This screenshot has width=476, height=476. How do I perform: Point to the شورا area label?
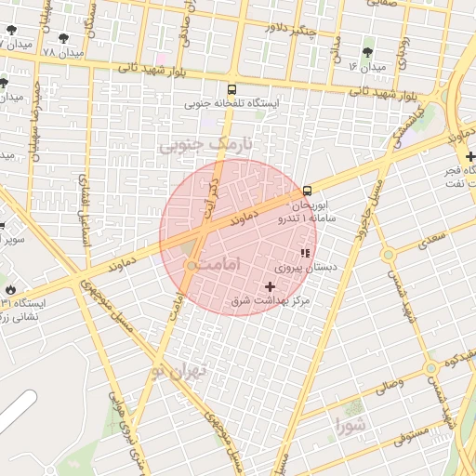[x=353, y=427]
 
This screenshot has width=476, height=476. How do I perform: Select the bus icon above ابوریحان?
[x=308, y=191]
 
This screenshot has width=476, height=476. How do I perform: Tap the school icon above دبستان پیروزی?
[x=304, y=254]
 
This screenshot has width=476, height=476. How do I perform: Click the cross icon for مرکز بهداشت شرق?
[x=271, y=286]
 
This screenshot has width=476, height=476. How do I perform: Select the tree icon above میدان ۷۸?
[x=63, y=38]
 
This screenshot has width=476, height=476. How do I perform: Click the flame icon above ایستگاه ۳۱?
[x=10, y=289]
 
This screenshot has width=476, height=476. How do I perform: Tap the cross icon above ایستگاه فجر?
[x=471, y=156]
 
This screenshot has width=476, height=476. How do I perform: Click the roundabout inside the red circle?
[x=190, y=266]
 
